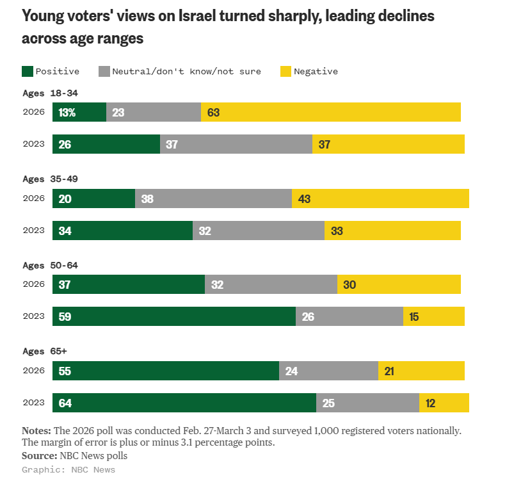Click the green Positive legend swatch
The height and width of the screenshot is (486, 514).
tap(28, 71)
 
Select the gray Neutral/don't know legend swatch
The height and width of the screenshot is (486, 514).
tap(104, 71)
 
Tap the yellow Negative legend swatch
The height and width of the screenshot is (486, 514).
tap(286, 71)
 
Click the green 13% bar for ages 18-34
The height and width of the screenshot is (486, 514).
tap(79, 112)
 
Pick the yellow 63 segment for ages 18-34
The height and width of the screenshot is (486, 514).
tap(330, 112)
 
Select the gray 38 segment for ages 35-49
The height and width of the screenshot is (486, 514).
tap(213, 198)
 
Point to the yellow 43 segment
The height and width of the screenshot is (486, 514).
tap(380, 198)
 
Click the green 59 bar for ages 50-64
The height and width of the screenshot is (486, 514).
tap(174, 316)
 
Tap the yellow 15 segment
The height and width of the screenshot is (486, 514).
tap(433, 316)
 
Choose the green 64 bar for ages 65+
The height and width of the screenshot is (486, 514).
tap(184, 403)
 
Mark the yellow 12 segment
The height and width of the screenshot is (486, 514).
tap(444, 403)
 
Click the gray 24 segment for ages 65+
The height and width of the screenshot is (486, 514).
tap(328, 371)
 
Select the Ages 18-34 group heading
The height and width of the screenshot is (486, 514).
tap(50, 93)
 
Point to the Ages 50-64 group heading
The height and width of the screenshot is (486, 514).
tap(50, 265)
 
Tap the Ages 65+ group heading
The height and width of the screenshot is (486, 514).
tap(44, 352)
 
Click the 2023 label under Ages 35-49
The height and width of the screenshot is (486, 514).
tap(33, 231)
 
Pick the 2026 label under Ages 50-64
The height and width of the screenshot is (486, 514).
tap(33, 284)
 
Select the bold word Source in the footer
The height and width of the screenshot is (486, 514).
tap(40, 456)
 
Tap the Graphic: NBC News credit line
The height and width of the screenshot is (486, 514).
tap(68, 469)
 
